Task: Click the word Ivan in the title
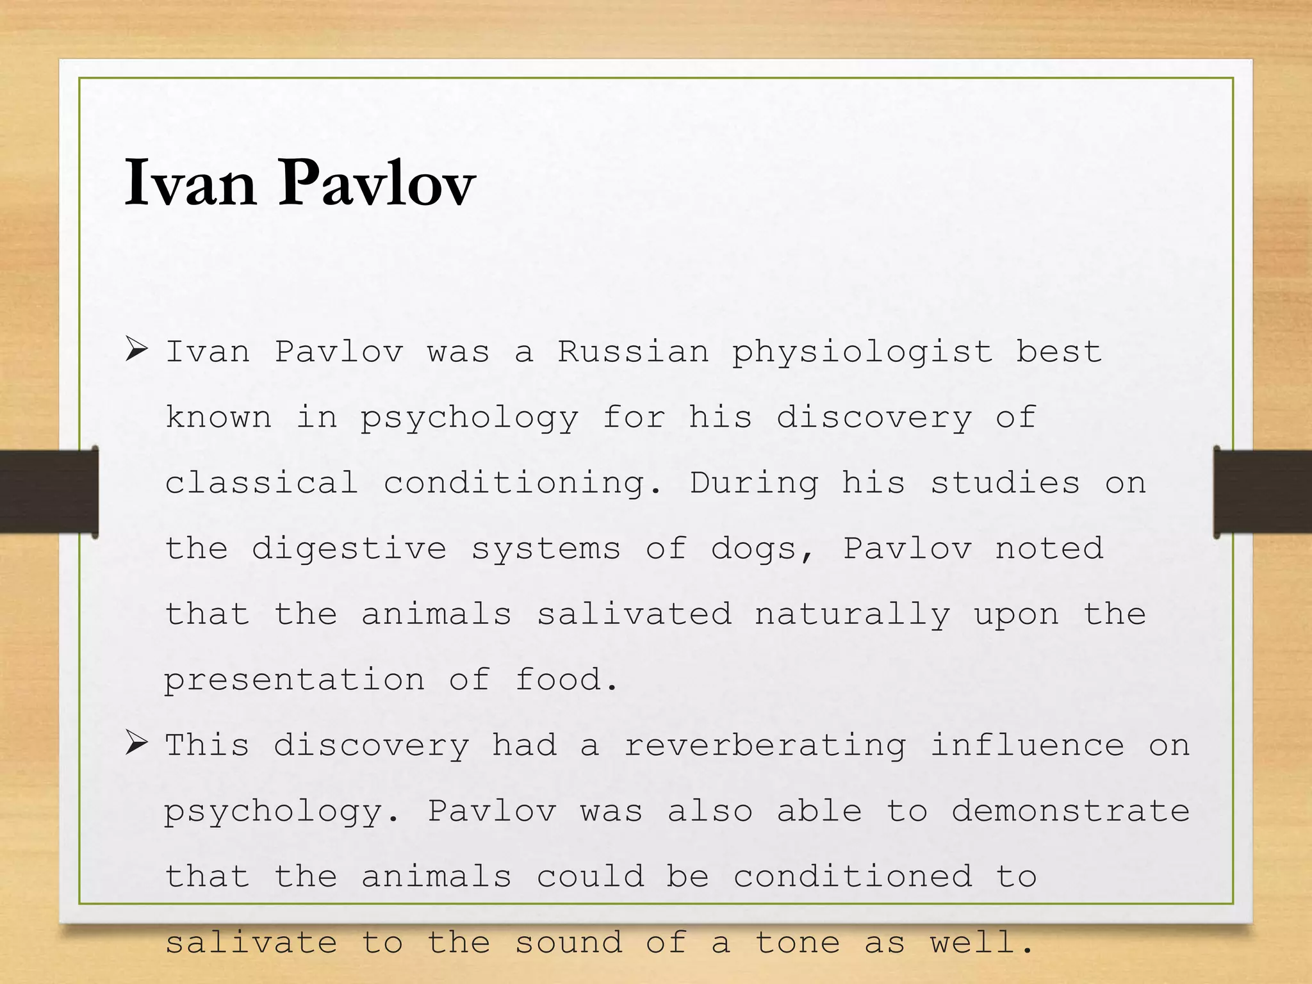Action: click(190, 183)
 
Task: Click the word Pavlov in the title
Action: click(377, 183)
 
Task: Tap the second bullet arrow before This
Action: click(136, 743)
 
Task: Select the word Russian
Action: click(633, 352)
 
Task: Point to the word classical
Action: click(261, 483)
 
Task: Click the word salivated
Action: click(634, 614)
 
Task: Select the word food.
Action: click(566, 680)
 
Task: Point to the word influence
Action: click(1027, 745)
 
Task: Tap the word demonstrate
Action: click(1070, 811)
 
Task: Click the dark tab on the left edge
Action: click(49, 491)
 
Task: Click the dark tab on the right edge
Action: click(1262, 491)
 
